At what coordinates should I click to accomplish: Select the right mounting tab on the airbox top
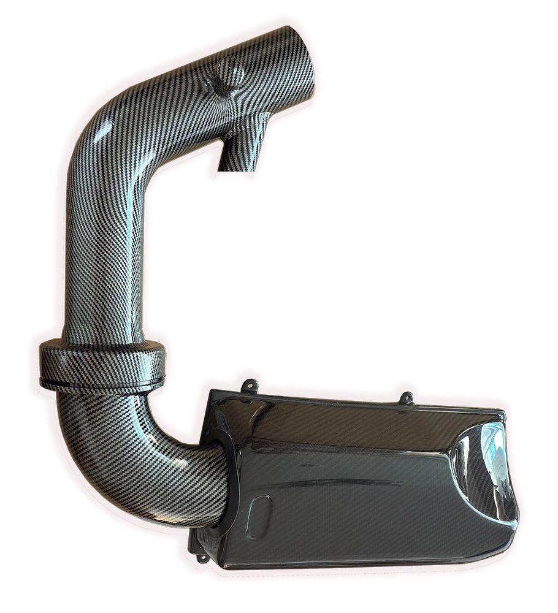click(x=406, y=398)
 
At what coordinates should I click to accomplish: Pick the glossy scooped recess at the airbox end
click(x=484, y=478)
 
